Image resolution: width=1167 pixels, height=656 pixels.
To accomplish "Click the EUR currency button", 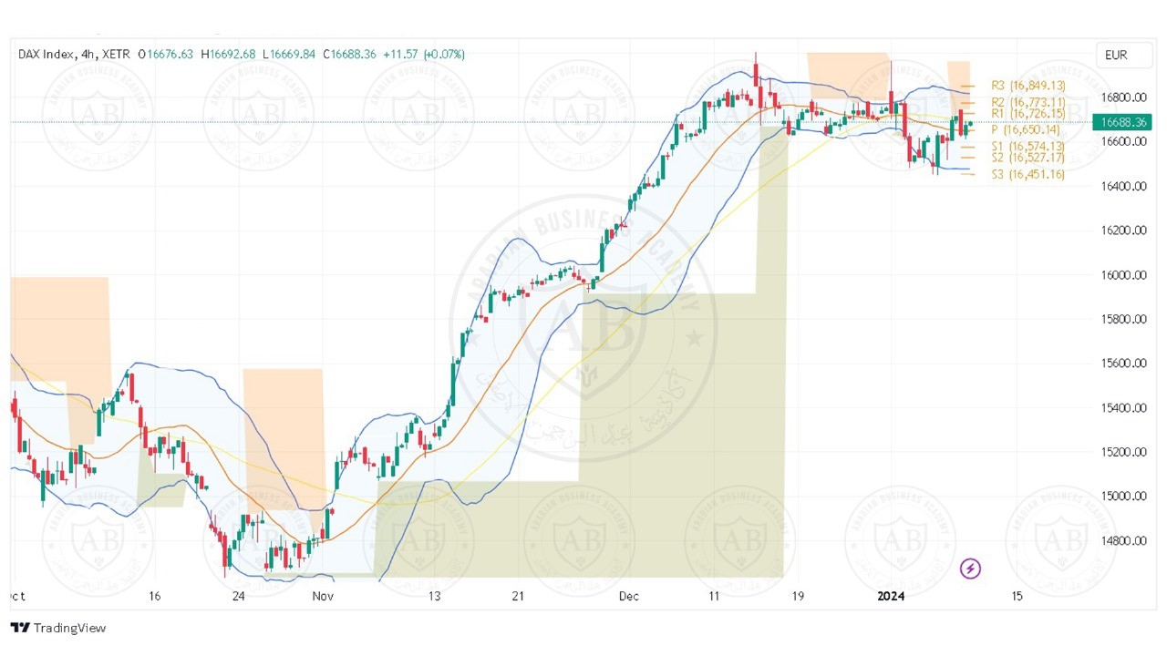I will (1115, 55).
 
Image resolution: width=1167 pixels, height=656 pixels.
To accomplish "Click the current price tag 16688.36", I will (1121, 121).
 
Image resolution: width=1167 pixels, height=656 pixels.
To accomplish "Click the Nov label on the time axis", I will (323, 596).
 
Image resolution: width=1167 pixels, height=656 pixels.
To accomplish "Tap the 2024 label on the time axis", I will (891, 596).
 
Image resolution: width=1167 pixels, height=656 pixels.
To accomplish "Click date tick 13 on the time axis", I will (434, 596).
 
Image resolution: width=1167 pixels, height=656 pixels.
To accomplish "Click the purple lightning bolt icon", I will (971, 569).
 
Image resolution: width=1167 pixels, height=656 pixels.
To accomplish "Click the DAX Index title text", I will (47, 55).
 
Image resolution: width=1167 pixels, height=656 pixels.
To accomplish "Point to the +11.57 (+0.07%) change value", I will (424, 55).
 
